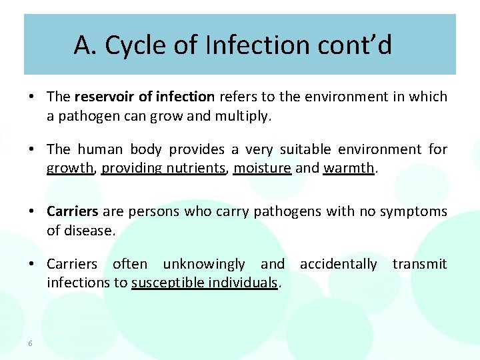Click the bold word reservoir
tap(107, 97)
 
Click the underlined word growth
tap(70, 168)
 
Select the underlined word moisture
tap(262, 168)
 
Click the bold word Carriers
tap(73, 211)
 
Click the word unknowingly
tap(204, 264)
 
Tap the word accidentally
tap(338, 264)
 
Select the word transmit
tap(419, 264)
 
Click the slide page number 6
tap(31, 343)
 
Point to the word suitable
tap(306, 149)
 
